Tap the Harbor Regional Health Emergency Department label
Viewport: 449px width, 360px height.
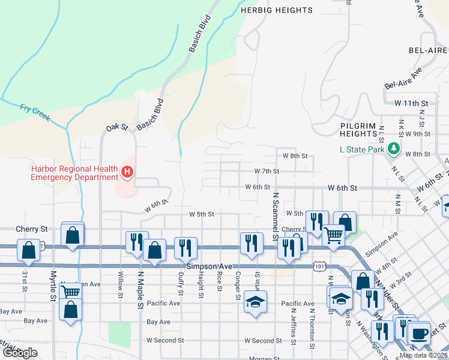coord(74,173)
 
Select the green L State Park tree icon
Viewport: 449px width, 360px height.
coord(393,148)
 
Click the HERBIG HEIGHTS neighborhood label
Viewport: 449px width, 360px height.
coord(276,10)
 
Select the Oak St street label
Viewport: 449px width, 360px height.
coord(117,127)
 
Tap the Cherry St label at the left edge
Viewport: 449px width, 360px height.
coord(31,229)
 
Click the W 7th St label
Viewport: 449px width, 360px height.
coord(267,171)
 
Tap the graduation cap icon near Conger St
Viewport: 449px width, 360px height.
coord(255,301)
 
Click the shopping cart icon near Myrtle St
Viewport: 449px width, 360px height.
coord(70,293)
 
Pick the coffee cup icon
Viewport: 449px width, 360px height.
coord(418,332)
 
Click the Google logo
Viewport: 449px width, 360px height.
coord(20,353)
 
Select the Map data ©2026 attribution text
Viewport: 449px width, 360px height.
coord(423,355)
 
